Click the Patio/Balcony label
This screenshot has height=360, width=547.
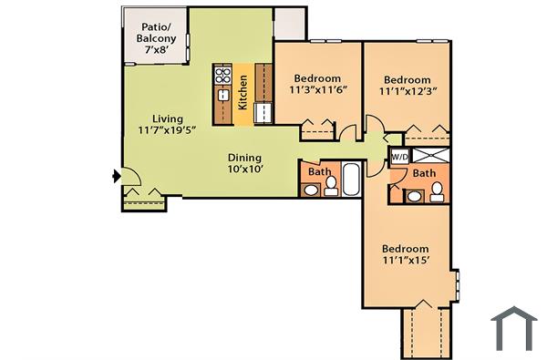click(x=156, y=39)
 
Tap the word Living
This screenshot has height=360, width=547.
click(x=168, y=119)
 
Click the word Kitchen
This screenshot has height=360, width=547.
click(x=243, y=92)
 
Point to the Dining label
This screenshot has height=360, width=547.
click(x=244, y=156)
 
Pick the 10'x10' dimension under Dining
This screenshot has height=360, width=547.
click(x=244, y=169)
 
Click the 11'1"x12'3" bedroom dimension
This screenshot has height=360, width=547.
click(x=408, y=91)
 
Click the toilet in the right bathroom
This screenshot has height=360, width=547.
click(x=437, y=190)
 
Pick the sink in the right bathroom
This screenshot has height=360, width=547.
click(x=414, y=194)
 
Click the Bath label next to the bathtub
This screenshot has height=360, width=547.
click(x=319, y=171)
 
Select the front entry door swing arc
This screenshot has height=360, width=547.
click(x=129, y=180)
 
